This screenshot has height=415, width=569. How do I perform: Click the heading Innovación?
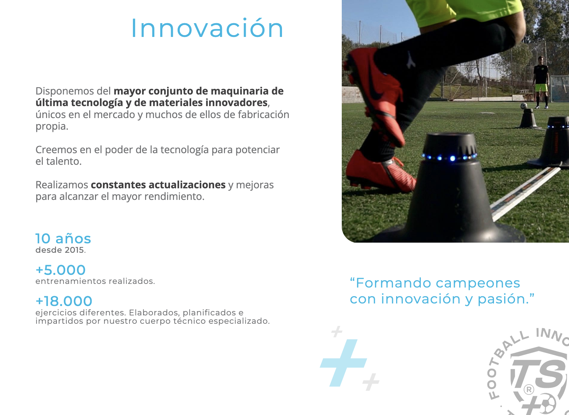[207, 28]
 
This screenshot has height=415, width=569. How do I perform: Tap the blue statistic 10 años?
[63, 239]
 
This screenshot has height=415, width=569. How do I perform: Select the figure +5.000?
[61, 270]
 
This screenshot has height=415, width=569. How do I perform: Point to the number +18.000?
[64, 301]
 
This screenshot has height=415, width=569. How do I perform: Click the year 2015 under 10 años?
[74, 250]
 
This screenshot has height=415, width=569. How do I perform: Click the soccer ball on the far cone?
[524, 105]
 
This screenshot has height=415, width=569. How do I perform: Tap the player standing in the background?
[541, 82]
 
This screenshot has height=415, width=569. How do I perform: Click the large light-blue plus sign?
[344, 362]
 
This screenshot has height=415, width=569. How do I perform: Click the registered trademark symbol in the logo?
[529, 390]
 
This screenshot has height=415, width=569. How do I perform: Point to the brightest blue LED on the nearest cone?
[452, 158]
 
